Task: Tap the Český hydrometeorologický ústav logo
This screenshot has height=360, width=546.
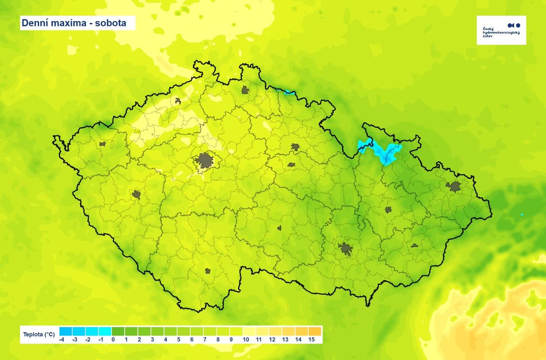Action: click(x=501, y=30)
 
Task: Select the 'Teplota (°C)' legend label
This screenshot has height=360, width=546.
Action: click(x=39, y=335)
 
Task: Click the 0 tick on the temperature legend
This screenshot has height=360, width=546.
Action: click(x=112, y=340)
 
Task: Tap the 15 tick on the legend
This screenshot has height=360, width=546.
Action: click(x=311, y=340)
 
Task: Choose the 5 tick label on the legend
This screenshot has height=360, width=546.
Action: click(x=178, y=340)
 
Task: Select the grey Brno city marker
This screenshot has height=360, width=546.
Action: click(x=345, y=248)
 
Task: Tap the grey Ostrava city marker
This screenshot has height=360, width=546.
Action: click(x=454, y=186)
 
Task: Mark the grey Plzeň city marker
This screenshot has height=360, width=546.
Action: click(x=136, y=195)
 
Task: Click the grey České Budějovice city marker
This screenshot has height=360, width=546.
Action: click(x=207, y=271)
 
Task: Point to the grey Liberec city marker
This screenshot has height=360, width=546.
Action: click(x=246, y=90)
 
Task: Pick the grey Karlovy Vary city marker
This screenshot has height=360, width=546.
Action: click(x=102, y=144)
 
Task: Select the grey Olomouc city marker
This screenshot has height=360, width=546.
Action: click(x=388, y=210)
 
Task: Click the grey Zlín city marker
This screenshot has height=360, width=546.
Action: click(x=415, y=245)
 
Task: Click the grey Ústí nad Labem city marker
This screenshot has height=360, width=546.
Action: click(x=178, y=101)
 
